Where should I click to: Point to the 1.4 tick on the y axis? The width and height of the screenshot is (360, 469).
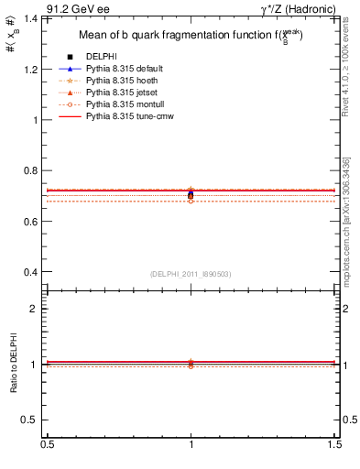tap(33, 18)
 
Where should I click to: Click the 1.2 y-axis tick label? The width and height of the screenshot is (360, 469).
tap(33, 70)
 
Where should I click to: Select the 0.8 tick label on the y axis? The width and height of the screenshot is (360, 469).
tap(33, 170)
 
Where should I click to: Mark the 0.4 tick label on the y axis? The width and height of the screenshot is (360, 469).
tap(33, 272)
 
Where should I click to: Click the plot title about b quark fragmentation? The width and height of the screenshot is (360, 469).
tap(192, 37)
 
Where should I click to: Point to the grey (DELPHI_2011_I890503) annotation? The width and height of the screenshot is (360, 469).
tap(191, 274)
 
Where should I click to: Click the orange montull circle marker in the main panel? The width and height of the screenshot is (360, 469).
tap(191, 200)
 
